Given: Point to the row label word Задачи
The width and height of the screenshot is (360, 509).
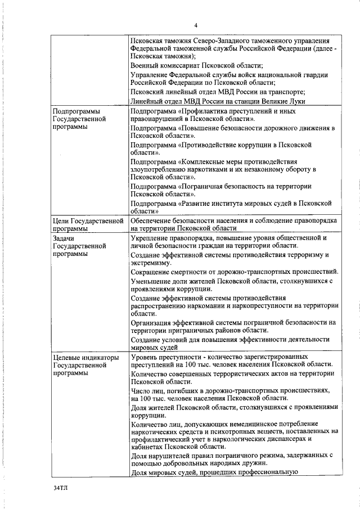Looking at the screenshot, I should pos(63,238).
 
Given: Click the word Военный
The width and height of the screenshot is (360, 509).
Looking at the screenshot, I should pos(145,66).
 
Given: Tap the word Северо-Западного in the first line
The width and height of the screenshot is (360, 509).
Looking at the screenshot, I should pos(224,40).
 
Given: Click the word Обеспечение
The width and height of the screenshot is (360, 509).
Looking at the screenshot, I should pos(155,221).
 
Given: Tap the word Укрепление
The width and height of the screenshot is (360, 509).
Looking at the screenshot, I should pos(152,238).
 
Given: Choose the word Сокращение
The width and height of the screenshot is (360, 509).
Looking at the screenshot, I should pos(152,272).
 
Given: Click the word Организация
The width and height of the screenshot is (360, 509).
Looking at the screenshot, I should pos(154,322).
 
